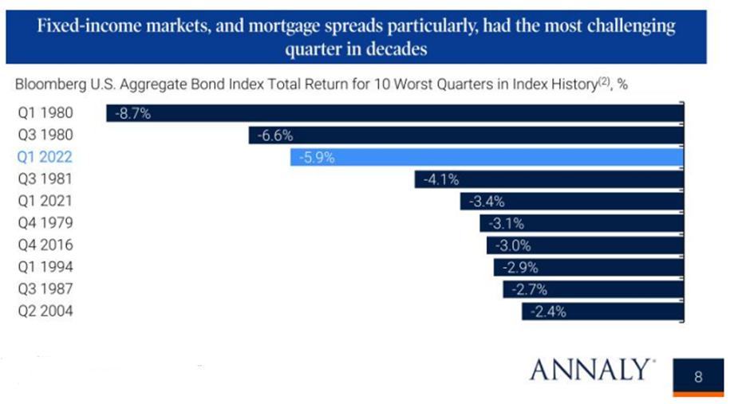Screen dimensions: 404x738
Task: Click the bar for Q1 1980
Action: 394,114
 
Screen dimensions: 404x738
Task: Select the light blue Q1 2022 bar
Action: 487,158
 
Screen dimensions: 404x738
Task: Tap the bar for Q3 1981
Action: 549,180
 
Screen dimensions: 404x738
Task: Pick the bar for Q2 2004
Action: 602,312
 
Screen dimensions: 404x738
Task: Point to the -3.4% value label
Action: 488,202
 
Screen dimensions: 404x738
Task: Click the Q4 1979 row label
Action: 45,224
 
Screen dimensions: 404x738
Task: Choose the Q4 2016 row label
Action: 45,246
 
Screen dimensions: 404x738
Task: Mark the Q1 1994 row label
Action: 45,268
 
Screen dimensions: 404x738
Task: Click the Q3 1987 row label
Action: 45,290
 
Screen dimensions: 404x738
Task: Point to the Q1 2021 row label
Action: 45,202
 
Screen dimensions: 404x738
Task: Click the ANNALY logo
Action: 591,371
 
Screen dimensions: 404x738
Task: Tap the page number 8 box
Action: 697,376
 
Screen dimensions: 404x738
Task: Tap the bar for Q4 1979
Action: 581,224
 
